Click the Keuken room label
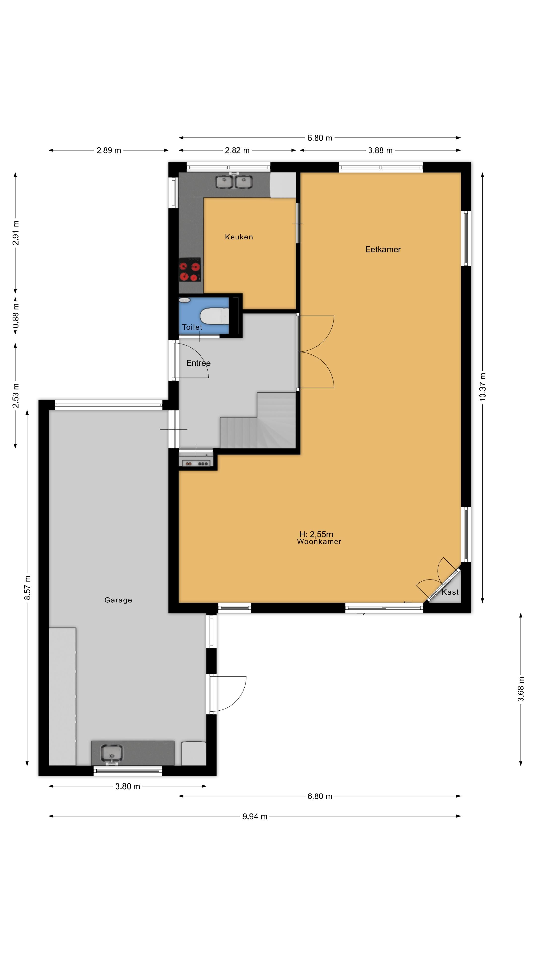coord(239,237)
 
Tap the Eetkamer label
coord(383,250)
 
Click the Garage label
coord(118,600)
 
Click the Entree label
coord(198,363)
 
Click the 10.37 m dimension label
coord(483,387)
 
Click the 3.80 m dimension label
coord(128,786)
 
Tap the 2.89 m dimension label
coord(109,150)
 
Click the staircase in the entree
coord(258,421)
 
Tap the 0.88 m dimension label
coord(16,316)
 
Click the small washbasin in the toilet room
coord(184,300)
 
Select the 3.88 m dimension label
coord(380,150)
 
